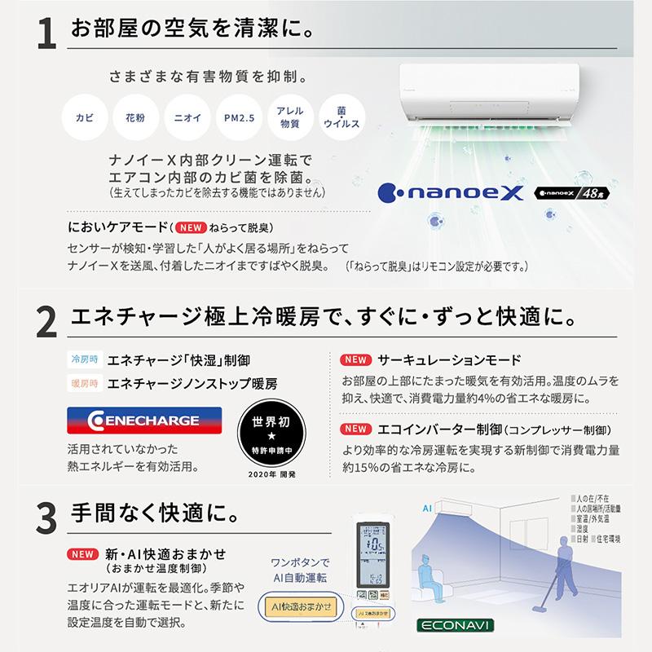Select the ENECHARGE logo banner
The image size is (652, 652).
[x=134, y=421]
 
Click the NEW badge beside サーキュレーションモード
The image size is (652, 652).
[x=355, y=359]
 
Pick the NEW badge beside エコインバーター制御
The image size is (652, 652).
[x=355, y=430]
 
